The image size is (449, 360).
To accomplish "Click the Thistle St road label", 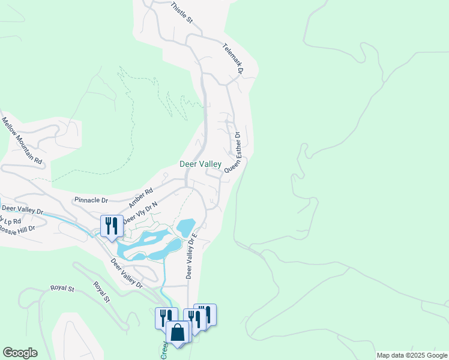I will point(181,13).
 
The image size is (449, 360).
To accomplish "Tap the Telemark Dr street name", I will point(233,58).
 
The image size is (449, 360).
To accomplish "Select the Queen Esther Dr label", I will point(233,152).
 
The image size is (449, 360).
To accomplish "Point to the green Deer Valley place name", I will point(200,164).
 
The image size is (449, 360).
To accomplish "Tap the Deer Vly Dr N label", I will point(140,213).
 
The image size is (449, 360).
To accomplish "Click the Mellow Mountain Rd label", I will point(22,140).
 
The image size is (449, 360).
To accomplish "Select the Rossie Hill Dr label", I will point(17,229).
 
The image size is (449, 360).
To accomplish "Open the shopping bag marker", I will point(178,332).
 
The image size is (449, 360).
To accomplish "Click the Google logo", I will point(20,353).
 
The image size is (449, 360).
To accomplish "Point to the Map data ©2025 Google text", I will point(412,356).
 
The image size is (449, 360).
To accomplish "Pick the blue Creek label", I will point(164,350).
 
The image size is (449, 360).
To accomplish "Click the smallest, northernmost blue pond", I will point(186,227).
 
